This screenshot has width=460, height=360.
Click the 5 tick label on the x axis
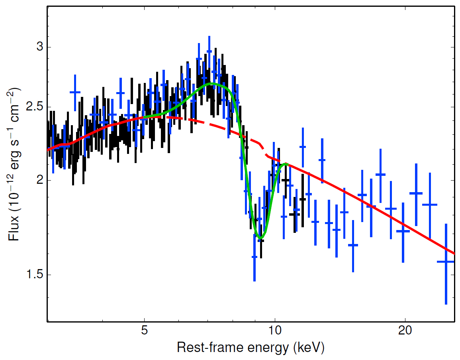[144, 332]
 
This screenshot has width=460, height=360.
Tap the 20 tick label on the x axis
[405, 332]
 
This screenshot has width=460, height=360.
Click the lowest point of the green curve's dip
[260, 238]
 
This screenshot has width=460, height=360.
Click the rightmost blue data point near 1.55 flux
[446, 262]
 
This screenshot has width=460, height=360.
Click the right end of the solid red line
[454, 253]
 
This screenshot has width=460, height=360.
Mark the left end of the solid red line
[48, 150]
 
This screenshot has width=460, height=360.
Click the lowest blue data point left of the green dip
[254, 257]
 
